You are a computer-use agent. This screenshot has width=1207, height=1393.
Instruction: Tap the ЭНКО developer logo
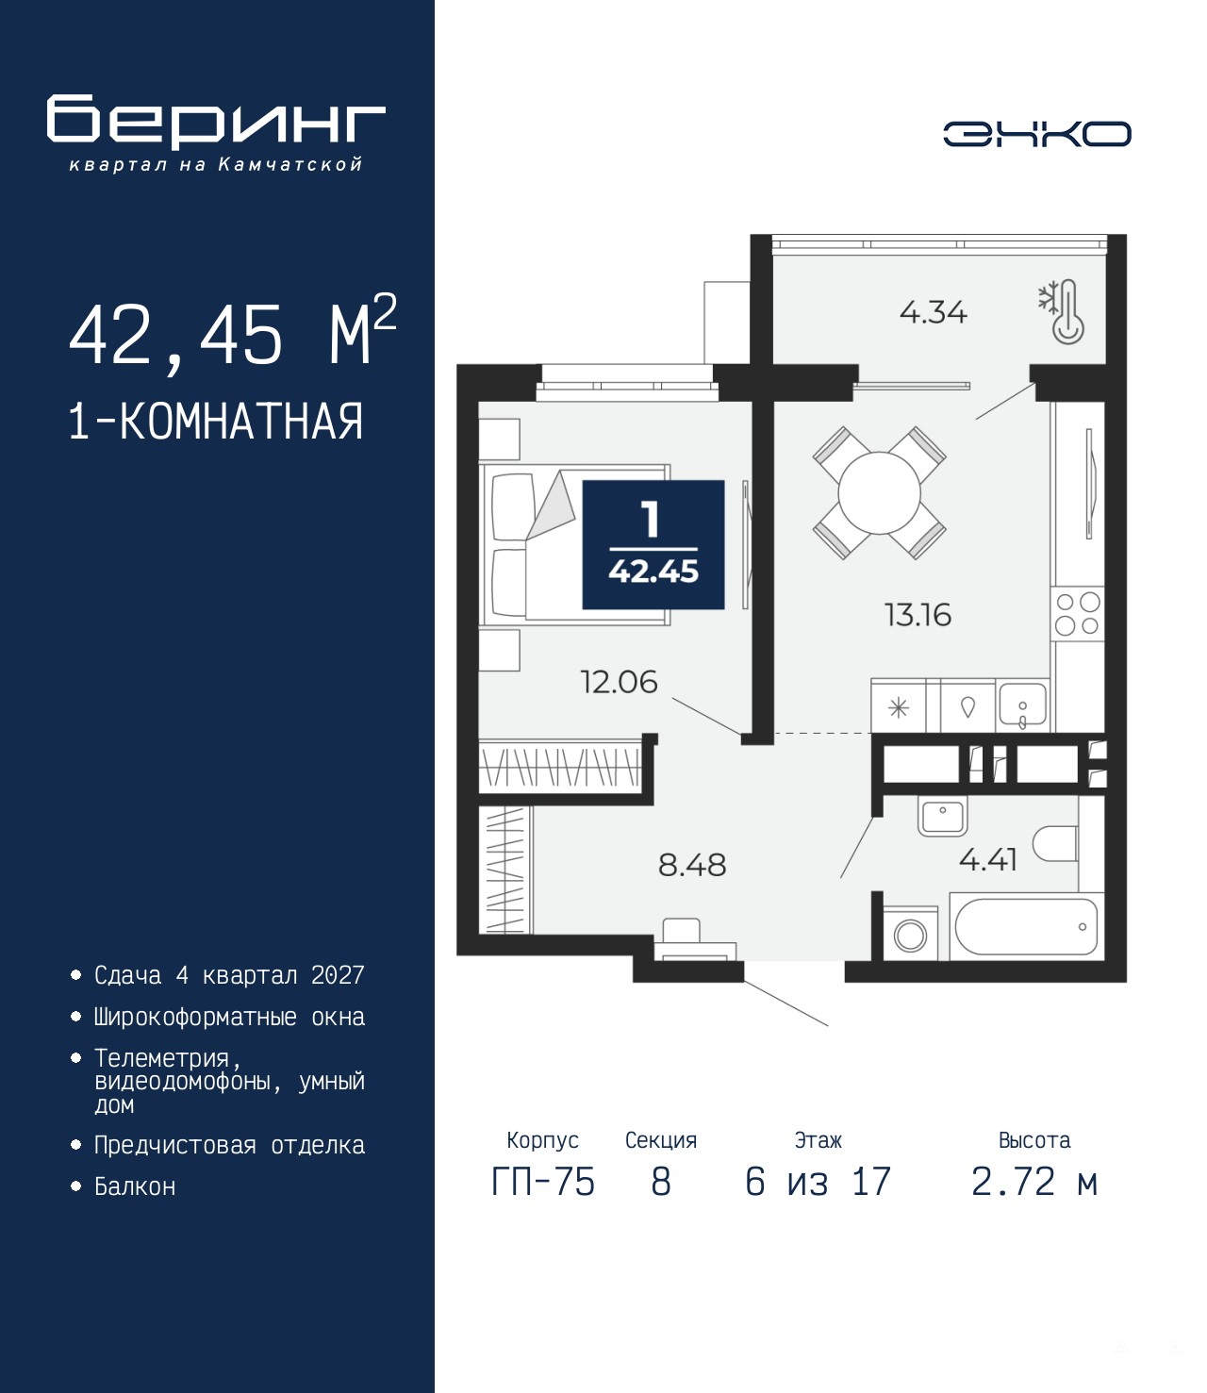(1036, 133)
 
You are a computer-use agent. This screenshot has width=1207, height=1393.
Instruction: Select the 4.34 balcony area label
(934, 313)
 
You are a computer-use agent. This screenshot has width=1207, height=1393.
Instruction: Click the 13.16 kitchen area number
(918, 615)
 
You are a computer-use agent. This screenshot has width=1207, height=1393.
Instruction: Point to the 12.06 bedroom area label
(619, 682)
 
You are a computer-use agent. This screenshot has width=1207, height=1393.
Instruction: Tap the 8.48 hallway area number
(692, 865)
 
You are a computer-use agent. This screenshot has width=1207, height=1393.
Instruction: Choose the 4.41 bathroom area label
(987, 860)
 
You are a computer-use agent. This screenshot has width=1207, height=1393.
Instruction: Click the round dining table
(880, 493)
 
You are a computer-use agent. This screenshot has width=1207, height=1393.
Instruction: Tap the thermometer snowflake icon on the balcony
(1062, 312)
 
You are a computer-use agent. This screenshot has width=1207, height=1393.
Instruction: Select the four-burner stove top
(1078, 613)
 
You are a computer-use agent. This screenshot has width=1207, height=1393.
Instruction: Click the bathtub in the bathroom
(1026, 927)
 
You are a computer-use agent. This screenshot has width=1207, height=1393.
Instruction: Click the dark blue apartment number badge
(653, 544)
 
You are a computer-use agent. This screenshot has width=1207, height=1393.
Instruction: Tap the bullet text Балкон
(135, 1186)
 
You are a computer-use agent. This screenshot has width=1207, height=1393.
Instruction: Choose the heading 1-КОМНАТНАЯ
(216, 422)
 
